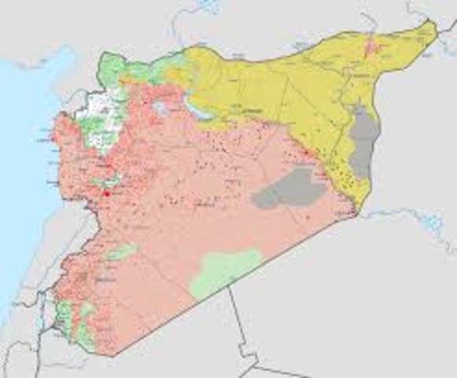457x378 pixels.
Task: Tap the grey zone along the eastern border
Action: tap(363, 142)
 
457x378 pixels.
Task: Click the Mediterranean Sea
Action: tap(24, 157)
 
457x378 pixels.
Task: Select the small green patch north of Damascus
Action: tap(122, 252)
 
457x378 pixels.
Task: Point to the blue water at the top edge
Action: tap(208, 6)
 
